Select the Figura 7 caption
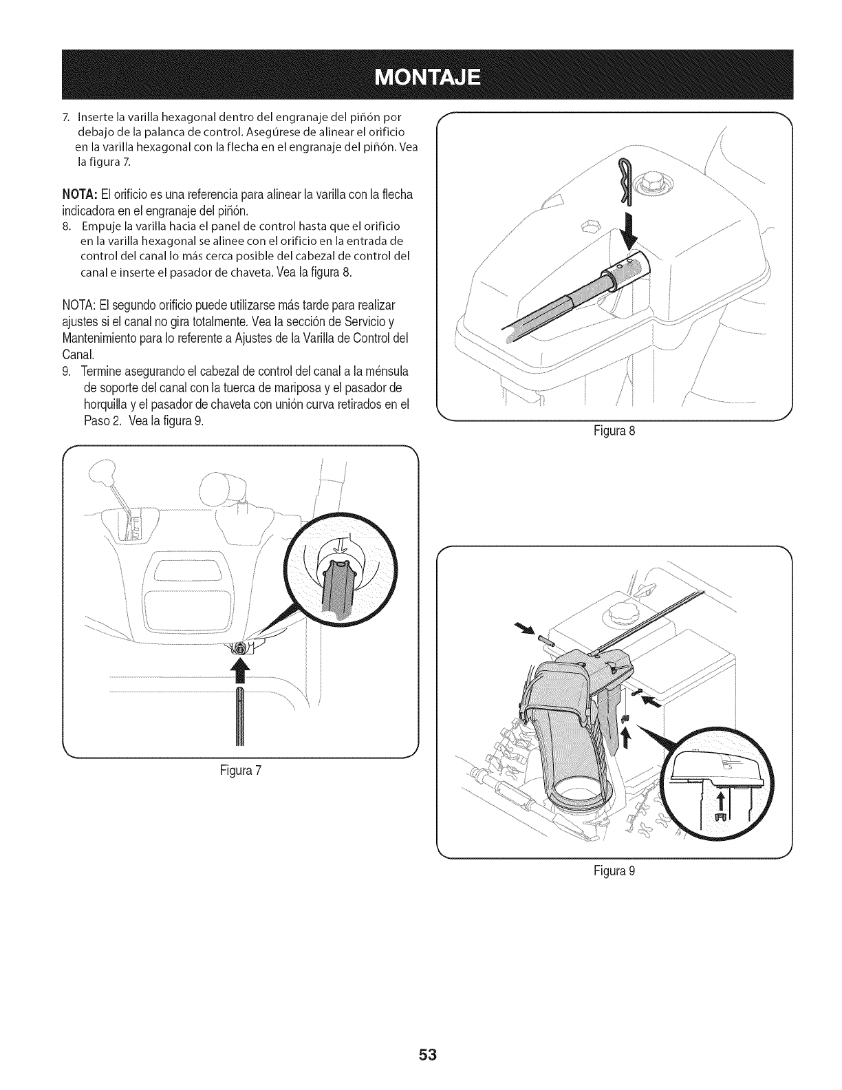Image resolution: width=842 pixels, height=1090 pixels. click(x=238, y=770)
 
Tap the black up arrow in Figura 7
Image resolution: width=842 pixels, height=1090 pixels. click(x=241, y=670)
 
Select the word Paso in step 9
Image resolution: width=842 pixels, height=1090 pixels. click(x=94, y=421)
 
